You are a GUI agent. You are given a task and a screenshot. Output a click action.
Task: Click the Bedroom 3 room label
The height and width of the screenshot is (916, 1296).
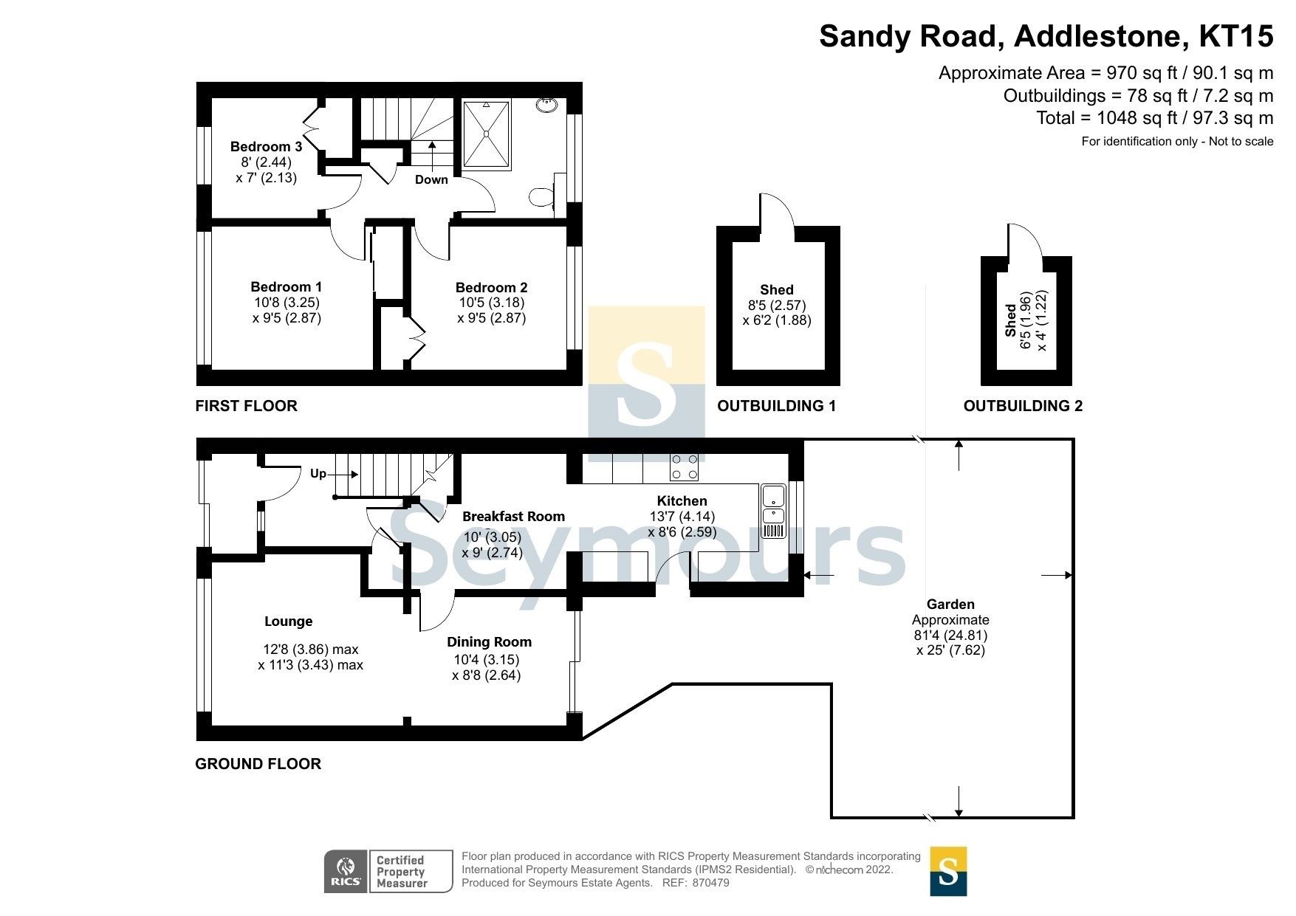click(x=266, y=146)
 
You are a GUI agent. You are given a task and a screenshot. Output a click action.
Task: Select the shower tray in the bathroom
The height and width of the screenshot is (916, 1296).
click(x=486, y=134)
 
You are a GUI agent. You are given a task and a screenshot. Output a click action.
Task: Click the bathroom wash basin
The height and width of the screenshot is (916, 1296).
click(x=547, y=106)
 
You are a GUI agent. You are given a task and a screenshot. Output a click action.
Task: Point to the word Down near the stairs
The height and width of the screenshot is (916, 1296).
click(x=431, y=179)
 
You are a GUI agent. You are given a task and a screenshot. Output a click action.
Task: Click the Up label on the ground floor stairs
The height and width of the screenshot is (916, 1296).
click(x=318, y=473)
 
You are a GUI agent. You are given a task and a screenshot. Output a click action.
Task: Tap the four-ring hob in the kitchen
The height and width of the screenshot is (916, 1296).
click(x=684, y=467)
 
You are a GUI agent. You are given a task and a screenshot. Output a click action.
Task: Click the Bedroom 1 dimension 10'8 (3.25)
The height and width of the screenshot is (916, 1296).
click(x=287, y=302)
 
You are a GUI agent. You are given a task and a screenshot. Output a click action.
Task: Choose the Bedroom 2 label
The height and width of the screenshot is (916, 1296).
click(x=491, y=287)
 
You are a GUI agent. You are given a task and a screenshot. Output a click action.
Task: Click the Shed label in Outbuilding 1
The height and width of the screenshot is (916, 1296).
click(x=776, y=289)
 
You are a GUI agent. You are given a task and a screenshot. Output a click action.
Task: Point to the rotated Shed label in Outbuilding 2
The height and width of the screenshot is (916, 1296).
click(x=1010, y=320)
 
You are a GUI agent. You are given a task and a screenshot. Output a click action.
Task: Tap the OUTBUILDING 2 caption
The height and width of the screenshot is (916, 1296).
click(x=1022, y=405)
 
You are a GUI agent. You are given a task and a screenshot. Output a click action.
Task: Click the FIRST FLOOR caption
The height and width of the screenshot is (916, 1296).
click(x=246, y=405)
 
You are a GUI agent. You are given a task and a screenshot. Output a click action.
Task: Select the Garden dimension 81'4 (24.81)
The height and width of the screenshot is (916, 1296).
click(x=950, y=635)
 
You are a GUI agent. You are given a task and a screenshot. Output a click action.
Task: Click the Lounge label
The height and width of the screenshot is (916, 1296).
click(x=288, y=621)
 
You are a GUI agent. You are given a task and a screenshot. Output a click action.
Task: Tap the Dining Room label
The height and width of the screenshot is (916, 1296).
click(x=488, y=641)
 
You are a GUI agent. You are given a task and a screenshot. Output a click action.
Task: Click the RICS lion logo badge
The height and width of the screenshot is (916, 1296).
click(x=346, y=872)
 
